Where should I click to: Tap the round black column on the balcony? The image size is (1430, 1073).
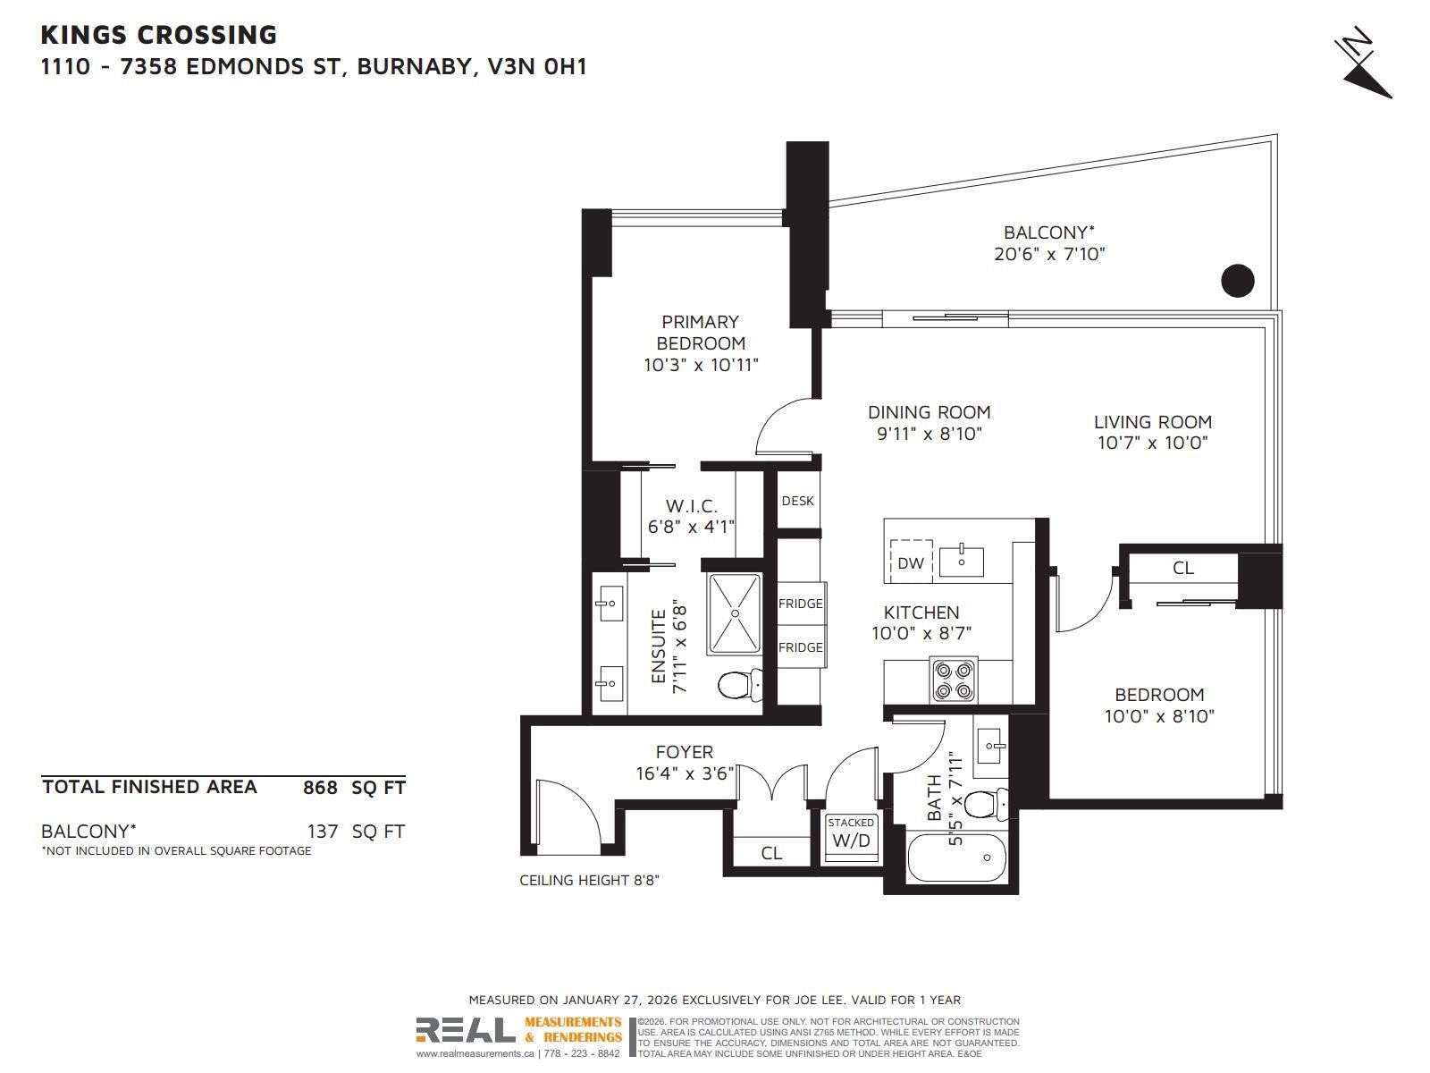[x=1238, y=281]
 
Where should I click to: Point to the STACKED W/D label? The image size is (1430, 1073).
[x=851, y=832]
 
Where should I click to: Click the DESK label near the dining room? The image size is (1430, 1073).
[x=797, y=501]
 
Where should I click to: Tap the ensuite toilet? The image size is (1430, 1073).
[x=739, y=686]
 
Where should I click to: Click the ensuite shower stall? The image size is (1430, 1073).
[x=735, y=613]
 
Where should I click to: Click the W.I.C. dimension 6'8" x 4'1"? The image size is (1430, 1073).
[x=691, y=527]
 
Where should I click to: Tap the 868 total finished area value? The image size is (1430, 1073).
[x=320, y=788]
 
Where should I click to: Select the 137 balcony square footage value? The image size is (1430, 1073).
[x=322, y=832]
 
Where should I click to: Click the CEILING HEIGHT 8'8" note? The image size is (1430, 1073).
[x=590, y=881]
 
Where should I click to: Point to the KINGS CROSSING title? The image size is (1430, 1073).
[x=159, y=35]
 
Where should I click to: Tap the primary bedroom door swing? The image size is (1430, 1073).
[x=784, y=427]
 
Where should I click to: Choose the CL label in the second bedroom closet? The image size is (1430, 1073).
[x=1182, y=568]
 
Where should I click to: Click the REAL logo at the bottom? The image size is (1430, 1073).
[x=465, y=1031]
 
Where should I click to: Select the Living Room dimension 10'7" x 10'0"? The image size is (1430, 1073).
[x=1152, y=443]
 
